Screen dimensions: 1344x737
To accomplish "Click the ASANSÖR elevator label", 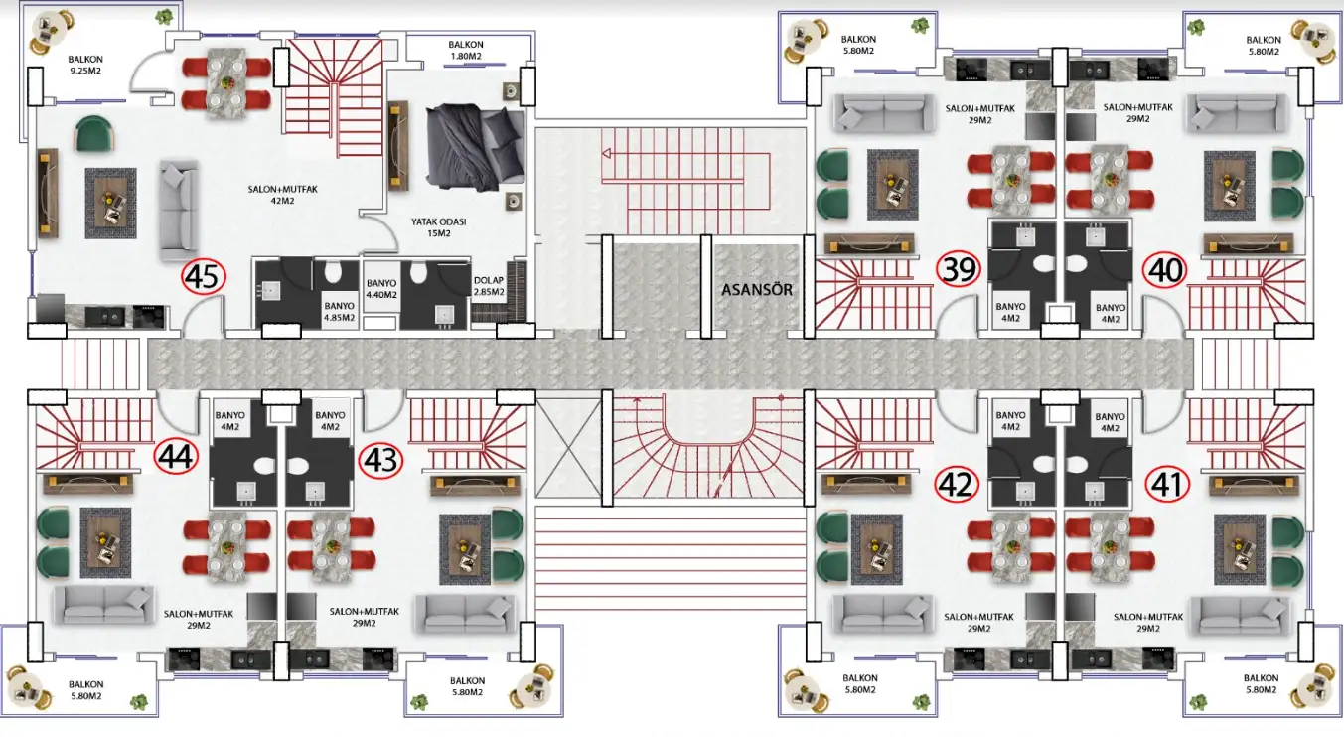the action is [x=757, y=290].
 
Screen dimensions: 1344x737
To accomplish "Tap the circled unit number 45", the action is [x=204, y=277].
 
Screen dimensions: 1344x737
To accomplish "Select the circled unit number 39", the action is [x=959, y=268].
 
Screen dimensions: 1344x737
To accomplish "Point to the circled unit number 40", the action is [x=1164, y=269].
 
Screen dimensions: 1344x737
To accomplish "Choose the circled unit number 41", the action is [x=1167, y=484].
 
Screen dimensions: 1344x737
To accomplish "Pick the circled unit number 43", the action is [x=380, y=460].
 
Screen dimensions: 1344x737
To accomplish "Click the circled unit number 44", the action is [x=176, y=456].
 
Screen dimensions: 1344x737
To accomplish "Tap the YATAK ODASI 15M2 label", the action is [x=439, y=227].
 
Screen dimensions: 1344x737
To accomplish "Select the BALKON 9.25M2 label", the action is [x=85, y=65].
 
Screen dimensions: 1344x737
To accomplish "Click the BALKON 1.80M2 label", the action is [x=466, y=50].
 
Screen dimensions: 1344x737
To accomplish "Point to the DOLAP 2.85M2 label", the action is [x=489, y=286].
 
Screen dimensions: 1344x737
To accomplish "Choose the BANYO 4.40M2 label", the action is [x=381, y=289].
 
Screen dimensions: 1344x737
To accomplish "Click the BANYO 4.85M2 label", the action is [x=339, y=312].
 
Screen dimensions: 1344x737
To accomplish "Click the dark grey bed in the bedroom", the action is [x=475, y=147].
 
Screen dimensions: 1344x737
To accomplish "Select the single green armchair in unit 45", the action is [x=93, y=133].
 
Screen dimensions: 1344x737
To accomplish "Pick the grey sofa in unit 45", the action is [x=179, y=211].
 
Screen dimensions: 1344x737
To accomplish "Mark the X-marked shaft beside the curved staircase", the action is [x=568, y=448].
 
